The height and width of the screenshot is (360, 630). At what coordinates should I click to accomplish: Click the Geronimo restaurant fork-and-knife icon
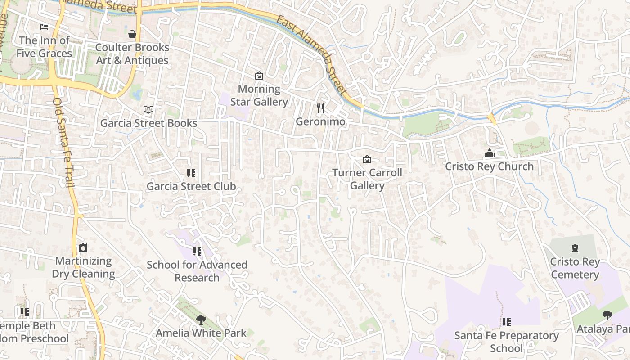320,108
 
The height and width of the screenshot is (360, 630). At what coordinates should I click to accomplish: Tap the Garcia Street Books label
148,123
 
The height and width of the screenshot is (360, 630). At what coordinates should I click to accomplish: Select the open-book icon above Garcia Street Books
148,109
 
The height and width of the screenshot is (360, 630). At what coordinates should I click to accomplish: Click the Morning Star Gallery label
259,95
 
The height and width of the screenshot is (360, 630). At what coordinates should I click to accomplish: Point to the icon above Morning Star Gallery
259,76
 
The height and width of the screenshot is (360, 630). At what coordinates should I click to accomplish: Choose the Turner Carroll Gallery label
367,179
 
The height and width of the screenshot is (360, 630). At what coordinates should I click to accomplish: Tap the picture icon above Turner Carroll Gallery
367,159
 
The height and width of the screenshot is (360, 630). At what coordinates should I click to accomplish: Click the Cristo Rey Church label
489,166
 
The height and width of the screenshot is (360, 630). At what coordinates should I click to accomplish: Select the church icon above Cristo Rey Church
489,153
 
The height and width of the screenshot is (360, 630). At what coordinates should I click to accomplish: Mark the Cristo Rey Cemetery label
575,268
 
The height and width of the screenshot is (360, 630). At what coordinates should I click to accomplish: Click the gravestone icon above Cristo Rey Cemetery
575,248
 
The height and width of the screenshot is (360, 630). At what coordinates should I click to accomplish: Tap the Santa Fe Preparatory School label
506,342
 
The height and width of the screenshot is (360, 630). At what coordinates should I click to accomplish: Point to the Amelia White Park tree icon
201,320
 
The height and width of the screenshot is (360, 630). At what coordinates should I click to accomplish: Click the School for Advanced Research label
197,271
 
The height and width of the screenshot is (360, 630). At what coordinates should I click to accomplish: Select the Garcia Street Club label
191,186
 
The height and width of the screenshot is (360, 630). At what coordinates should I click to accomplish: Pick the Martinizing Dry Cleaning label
83,267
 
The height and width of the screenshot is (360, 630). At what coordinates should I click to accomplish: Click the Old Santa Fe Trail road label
63,142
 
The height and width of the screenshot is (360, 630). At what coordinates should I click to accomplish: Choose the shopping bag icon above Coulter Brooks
132,34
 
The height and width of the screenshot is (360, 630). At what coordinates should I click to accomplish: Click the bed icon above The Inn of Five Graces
44,27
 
